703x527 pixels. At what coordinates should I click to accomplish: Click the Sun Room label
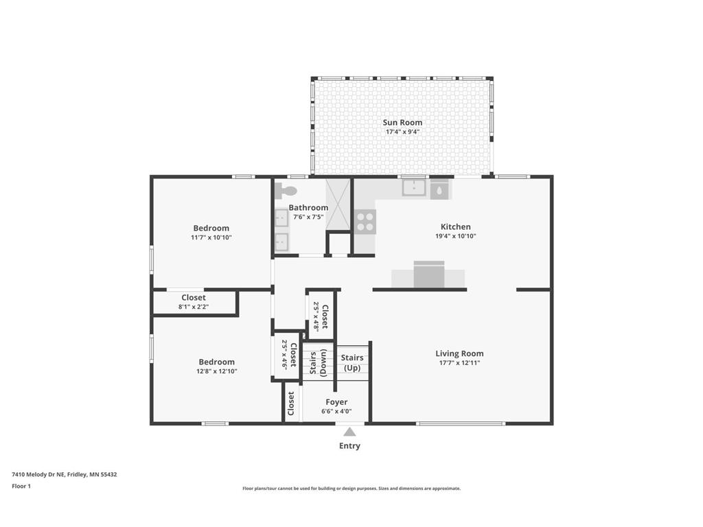pos(402,122)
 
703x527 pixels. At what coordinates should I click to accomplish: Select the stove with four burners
pos(365,221)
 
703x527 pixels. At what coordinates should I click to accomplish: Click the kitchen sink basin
pos(414,187)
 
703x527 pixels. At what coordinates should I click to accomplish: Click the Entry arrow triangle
pos(349,432)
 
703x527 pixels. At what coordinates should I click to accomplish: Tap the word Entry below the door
pos(349,446)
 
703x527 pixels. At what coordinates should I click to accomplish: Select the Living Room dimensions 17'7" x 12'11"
pos(459,362)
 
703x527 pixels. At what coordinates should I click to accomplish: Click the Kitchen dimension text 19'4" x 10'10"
pos(455,236)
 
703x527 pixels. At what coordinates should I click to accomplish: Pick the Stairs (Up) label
pos(351,363)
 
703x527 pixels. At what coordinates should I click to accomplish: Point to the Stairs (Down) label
pos(318,363)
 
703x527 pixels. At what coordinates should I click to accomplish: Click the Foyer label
pos(336,402)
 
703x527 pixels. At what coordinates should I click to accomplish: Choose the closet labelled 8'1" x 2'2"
pos(194,302)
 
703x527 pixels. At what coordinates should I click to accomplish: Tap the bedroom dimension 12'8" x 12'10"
pos(217,371)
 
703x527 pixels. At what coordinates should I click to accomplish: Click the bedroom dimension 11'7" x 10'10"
pos(211,237)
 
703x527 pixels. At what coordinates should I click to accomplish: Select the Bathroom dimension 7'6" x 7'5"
pos(308,217)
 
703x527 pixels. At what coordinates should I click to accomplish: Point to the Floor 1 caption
pos(21,486)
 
